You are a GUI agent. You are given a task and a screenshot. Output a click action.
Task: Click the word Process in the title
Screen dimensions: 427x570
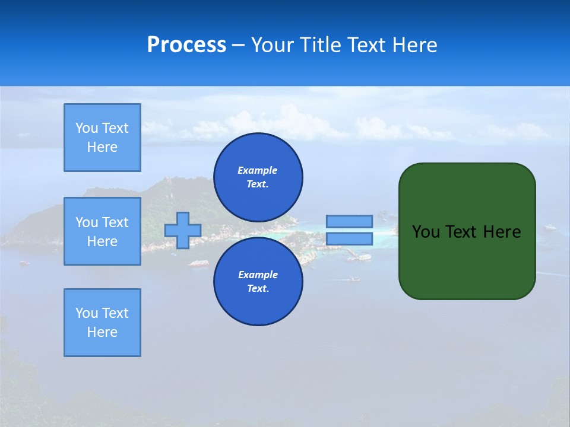pos(186,45)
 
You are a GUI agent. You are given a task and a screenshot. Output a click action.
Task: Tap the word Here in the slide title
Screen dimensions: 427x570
pos(413,45)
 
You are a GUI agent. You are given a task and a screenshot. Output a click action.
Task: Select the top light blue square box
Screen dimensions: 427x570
pos(102,138)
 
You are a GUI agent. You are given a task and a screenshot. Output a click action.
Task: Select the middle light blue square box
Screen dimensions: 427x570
pos(102,231)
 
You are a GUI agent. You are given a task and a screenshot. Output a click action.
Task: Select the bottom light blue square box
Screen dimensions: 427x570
pos(102,323)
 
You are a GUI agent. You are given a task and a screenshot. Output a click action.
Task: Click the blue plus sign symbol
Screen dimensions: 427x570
pos(183,230)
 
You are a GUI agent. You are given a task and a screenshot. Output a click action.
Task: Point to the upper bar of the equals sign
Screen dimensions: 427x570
pos(349,221)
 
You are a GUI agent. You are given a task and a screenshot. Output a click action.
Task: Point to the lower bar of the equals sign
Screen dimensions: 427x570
pos(349,239)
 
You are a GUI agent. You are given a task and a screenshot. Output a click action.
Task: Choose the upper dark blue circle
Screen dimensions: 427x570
pos(258,177)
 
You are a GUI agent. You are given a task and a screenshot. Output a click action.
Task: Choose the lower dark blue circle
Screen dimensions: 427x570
pos(258,282)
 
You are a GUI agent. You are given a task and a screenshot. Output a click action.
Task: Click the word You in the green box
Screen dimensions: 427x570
pos(426,232)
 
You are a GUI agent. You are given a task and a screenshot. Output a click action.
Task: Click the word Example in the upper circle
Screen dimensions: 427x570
pos(258,170)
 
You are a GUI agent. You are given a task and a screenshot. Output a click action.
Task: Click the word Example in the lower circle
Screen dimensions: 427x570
pos(258,275)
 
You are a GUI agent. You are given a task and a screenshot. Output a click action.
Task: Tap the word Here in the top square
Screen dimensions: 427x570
pos(102,147)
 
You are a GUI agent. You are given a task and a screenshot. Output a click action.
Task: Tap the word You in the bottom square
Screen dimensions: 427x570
pos(87,313)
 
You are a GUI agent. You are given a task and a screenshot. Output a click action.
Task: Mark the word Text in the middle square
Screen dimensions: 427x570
pos(115,222)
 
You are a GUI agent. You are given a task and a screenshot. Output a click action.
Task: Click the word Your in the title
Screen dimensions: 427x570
pos(274,45)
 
